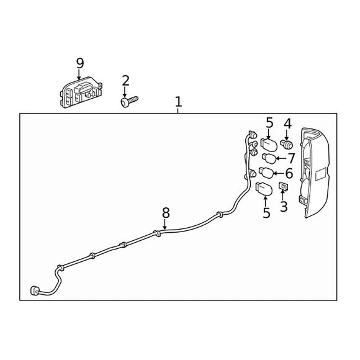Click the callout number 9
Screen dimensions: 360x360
click(80, 63)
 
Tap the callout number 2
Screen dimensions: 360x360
click(125, 81)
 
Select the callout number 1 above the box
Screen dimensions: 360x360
click(178, 102)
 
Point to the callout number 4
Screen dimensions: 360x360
click(287, 124)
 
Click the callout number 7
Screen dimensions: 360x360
click(291, 158)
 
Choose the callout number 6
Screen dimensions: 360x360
click(289, 173)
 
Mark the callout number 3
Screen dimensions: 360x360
click(284, 207)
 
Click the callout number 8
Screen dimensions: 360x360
click(166, 213)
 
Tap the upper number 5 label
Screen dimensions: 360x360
click(270, 123)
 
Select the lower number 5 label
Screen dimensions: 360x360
click(266, 213)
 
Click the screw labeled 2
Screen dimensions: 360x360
click(129, 101)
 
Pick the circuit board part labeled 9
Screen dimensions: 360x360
click(81, 92)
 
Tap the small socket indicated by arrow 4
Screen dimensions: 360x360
click(287, 144)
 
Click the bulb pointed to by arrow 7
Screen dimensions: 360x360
click(269, 158)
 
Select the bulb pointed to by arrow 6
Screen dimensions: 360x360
click(266, 173)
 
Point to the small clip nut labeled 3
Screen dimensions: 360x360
click(283, 186)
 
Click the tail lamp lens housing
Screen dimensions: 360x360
click(315, 173)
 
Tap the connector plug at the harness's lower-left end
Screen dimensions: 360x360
click(35, 290)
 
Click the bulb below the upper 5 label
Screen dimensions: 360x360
click(269, 145)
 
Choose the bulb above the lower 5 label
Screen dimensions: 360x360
click(264, 189)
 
